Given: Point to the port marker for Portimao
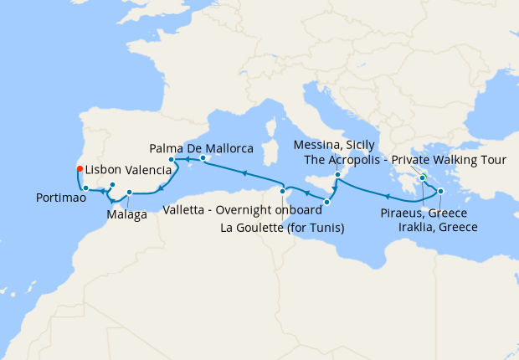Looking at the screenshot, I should [x=86, y=188].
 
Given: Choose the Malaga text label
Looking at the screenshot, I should [x=127, y=214].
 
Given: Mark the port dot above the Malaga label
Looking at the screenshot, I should [x=130, y=193].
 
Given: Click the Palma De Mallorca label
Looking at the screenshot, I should [x=202, y=148].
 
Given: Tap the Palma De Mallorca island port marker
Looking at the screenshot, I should [x=203, y=157].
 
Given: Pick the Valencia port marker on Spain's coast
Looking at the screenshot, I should [x=172, y=160].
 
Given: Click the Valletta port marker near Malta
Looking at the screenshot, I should [x=327, y=202].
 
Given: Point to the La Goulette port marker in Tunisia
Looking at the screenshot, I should [x=284, y=192].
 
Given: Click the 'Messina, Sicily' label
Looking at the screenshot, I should [x=340, y=145].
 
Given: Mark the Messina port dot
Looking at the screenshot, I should [x=337, y=174].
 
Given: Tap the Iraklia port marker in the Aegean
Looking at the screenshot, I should [x=440, y=192].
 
